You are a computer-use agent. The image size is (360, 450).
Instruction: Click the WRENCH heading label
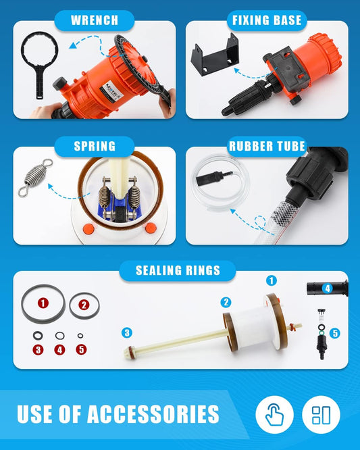(95, 20)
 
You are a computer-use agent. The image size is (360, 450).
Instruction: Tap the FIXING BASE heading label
(267, 20)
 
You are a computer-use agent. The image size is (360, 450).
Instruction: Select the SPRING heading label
(95, 146)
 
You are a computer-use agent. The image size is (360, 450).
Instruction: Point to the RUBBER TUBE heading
(267, 146)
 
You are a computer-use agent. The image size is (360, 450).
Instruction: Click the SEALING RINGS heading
(178, 270)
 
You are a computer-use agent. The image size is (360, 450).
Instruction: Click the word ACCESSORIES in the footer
(153, 414)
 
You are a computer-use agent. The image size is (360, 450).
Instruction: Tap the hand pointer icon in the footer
(274, 414)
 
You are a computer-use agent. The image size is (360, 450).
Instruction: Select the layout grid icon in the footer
(321, 414)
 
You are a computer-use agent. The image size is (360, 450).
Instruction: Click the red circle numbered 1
(43, 303)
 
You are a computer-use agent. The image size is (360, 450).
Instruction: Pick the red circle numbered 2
(84, 305)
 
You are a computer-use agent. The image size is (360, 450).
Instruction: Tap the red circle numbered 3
(38, 349)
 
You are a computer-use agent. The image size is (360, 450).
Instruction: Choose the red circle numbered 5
(81, 349)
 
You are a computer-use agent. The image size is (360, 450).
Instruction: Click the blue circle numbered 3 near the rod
(127, 333)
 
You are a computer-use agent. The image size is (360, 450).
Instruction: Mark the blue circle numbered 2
(226, 302)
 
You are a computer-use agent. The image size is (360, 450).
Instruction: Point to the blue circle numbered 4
(328, 289)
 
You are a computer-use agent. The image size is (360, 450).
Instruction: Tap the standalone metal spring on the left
(35, 177)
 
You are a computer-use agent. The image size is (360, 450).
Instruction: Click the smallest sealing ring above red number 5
(80, 336)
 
